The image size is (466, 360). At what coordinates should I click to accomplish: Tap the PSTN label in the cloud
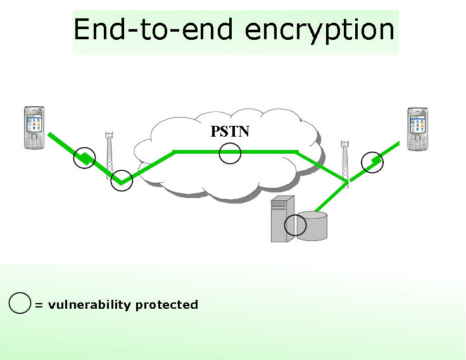(x=230, y=132)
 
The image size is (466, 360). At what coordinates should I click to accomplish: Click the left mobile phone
(x=35, y=128)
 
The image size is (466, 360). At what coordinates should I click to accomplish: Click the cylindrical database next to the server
(x=313, y=226)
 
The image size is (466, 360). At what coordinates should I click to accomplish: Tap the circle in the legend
(x=20, y=304)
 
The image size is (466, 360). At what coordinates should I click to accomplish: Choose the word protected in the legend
(x=167, y=305)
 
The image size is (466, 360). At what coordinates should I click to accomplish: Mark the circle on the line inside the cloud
(x=230, y=152)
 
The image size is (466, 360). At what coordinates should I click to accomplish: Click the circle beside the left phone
(x=84, y=158)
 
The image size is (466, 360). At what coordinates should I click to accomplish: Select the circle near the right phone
(x=372, y=162)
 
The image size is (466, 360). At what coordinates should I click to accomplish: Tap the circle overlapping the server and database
(x=295, y=225)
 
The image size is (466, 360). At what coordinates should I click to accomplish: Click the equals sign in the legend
(x=38, y=306)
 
